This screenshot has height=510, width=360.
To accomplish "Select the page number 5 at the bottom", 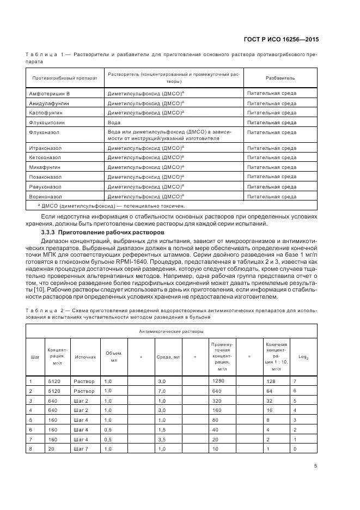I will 316,465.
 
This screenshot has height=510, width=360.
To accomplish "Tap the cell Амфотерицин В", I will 50,94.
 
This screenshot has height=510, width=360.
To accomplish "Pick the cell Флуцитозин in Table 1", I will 44,122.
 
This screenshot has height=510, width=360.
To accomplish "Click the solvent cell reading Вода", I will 114,122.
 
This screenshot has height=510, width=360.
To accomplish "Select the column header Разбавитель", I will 280,77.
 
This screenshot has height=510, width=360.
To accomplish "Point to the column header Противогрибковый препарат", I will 64,77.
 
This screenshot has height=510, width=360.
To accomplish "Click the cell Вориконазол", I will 46,196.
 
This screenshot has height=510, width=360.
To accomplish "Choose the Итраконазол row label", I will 46,148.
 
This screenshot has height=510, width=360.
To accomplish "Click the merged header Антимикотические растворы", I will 171,331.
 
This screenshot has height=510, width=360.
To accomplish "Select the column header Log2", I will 303,357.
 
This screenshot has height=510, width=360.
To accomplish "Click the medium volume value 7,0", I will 161,391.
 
